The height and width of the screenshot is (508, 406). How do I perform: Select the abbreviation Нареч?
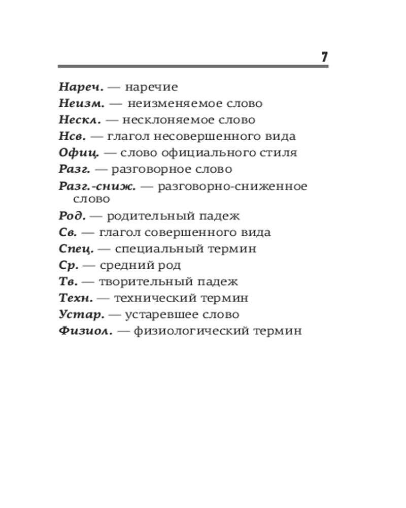[x=80, y=87]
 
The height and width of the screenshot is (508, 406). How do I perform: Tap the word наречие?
[x=151, y=87]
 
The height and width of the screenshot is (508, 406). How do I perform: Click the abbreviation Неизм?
[x=81, y=104]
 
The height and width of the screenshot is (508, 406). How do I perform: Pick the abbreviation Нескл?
[x=80, y=120]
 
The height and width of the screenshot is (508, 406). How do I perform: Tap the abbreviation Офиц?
[x=79, y=153]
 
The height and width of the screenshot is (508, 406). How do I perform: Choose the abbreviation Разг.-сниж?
[x=97, y=186]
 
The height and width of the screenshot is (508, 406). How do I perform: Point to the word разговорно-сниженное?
[x=232, y=186]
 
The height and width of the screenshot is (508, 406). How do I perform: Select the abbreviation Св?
[x=67, y=232]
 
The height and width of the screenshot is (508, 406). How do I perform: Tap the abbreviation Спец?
[x=76, y=249]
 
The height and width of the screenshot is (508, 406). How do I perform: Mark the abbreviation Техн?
[x=76, y=298]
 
